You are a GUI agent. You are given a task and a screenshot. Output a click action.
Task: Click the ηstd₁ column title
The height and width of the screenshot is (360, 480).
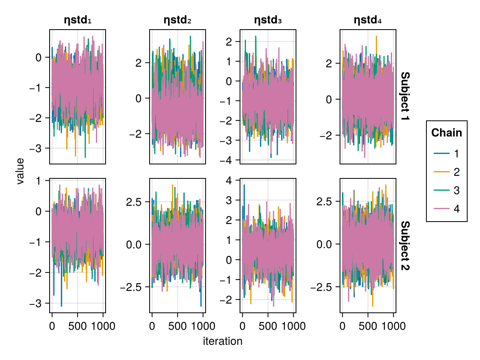[78, 20]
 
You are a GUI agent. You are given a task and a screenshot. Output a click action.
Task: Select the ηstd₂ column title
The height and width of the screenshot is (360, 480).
[178, 20]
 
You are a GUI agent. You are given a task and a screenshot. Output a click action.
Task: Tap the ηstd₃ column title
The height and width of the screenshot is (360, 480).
[268, 20]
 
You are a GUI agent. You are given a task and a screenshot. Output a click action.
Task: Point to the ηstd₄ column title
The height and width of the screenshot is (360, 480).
[368, 20]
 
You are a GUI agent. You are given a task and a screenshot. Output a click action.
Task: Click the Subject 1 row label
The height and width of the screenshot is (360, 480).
[405, 97]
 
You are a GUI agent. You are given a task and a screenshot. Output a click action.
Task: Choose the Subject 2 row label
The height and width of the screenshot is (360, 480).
[405, 245]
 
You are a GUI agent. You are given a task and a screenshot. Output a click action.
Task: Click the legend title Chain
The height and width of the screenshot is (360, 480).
[446, 133]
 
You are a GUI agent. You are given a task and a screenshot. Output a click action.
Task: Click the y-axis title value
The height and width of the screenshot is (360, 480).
[20, 171]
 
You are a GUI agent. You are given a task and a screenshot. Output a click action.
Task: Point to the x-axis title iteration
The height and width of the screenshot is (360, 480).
[223, 341]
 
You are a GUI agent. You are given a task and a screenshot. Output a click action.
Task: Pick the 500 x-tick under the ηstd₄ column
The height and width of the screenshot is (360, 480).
[368, 326]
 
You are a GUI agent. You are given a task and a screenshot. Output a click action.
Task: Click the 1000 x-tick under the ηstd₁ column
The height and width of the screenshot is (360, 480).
[103, 326]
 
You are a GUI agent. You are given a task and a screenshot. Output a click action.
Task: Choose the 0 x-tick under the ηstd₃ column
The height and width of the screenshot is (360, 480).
[242, 326]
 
